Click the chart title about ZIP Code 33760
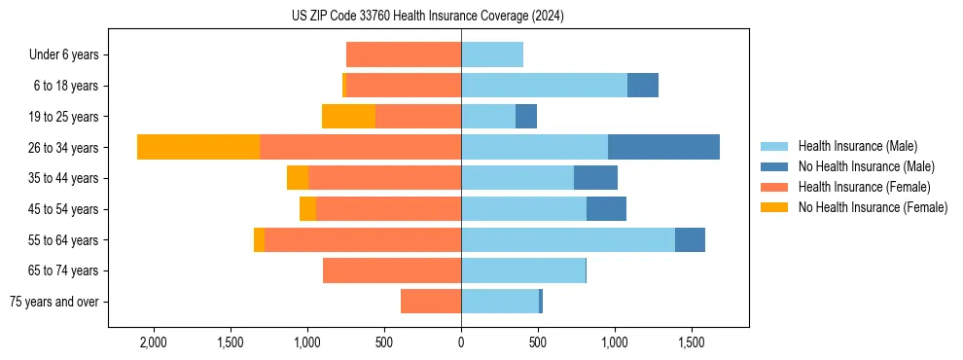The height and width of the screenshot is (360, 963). coord(427,17)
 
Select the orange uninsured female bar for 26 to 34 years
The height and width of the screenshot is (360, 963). coord(198,147)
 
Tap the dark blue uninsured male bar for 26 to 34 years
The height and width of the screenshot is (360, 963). coord(663,147)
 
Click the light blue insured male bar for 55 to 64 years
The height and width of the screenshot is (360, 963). coord(568,239)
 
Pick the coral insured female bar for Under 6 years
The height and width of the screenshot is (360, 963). coord(404,54)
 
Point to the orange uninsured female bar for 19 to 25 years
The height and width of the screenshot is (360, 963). coord(348,116)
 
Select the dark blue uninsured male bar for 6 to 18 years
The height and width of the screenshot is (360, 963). coord(643,86)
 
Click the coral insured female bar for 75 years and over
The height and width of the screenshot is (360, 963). coord(431,302)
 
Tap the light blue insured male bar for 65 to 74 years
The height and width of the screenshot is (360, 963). coord(523,270)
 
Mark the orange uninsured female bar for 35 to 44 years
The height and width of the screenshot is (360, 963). coord(298,178)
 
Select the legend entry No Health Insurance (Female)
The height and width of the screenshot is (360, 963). coord(873,207)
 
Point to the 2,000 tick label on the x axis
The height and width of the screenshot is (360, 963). coord(154,343)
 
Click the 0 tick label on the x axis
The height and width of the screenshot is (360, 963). coord(461,343)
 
